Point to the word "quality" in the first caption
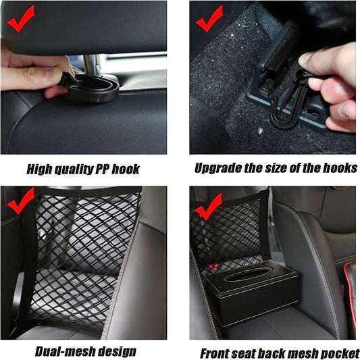tap(72, 168)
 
